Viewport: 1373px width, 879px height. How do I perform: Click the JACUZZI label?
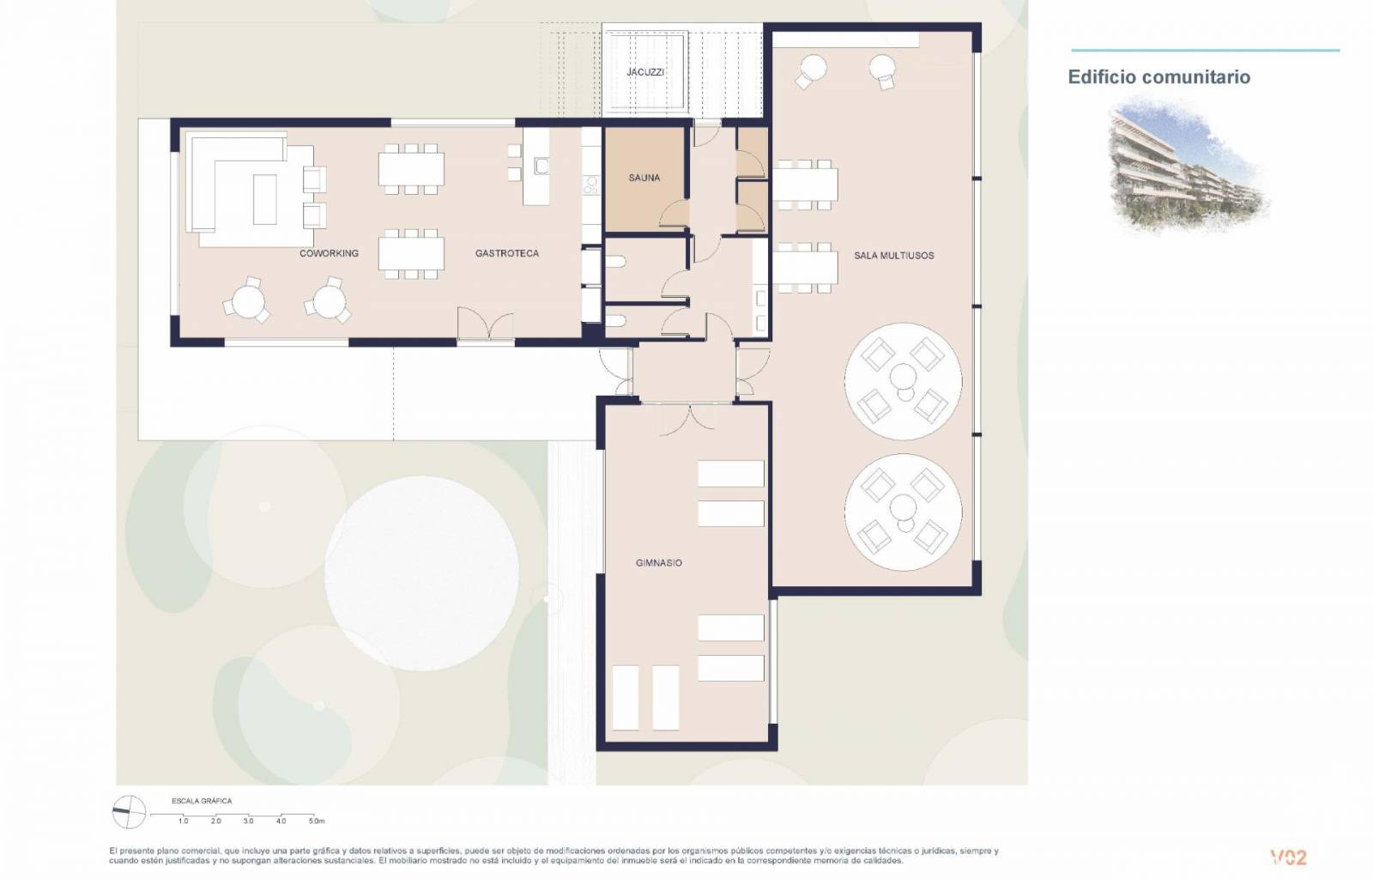(644, 72)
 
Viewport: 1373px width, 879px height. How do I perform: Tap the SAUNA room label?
(644, 178)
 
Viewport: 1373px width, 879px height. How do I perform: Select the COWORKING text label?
(330, 253)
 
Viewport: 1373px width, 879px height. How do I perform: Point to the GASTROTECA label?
(507, 253)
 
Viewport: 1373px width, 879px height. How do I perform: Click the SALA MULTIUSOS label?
(893, 256)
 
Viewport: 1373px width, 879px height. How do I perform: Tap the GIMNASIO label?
(659, 563)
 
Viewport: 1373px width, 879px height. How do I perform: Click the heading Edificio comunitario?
(1159, 77)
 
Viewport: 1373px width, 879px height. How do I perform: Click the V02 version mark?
(1288, 858)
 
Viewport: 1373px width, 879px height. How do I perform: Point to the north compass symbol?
(129, 812)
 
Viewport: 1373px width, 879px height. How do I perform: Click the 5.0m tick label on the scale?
(317, 821)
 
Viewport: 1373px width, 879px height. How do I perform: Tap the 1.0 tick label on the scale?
(184, 821)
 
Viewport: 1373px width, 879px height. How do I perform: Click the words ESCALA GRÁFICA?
(202, 801)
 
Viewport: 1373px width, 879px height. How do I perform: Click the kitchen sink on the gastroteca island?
(541, 166)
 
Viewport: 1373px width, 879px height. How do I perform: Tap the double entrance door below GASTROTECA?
(486, 323)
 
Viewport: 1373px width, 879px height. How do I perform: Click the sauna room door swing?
(674, 214)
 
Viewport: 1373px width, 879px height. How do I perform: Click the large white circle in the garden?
(421, 573)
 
